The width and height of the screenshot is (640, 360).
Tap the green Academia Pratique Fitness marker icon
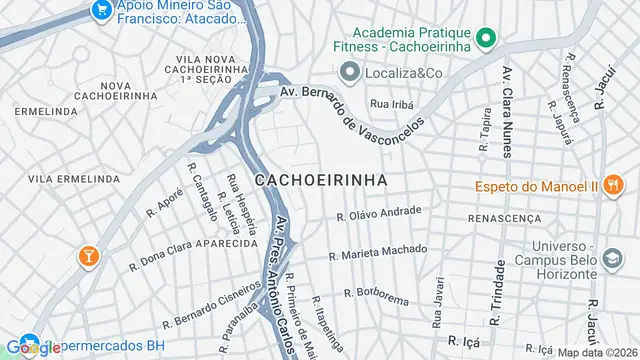click(x=487, y=39)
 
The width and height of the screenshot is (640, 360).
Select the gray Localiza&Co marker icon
click(x=349, y=72)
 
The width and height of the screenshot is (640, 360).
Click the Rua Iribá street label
click(x=392, y=103)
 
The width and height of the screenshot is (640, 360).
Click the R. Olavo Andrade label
click(x=379, y=213)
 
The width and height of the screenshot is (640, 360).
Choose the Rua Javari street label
click(x=437, y=306)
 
